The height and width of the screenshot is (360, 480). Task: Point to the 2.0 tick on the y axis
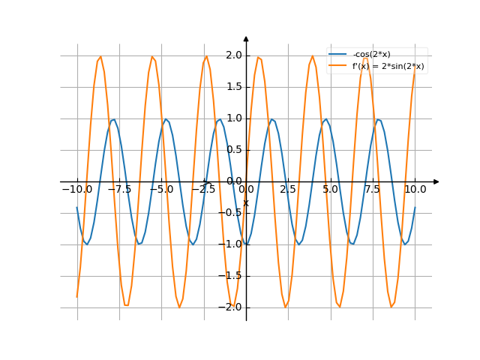(233, 55)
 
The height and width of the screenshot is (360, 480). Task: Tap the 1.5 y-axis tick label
(233, 87)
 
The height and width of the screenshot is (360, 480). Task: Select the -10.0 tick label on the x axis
(77, 190)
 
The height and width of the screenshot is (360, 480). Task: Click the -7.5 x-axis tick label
(119, 190)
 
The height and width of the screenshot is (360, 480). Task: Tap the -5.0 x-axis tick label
(161, 190)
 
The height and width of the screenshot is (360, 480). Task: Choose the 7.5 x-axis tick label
(373, 190)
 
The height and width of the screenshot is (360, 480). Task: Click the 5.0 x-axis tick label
(330, 190)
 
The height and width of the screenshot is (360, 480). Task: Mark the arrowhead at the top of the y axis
(246, 38)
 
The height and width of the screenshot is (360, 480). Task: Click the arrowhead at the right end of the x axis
(436, 181)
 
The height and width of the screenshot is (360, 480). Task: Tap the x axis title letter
(245, 202)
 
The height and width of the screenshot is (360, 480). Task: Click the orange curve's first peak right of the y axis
(259, 56)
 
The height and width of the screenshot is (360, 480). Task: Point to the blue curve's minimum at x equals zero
(246, 244)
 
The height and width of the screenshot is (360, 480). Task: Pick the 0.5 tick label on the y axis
(233, 150)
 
